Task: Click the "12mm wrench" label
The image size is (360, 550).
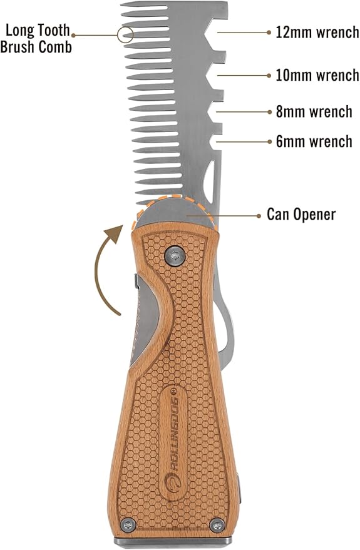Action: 317,33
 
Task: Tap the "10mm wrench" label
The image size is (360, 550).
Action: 317,75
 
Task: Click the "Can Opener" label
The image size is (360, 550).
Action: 301,215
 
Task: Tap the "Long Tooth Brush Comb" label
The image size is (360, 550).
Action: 36,39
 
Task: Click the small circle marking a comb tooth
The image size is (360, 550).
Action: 125,34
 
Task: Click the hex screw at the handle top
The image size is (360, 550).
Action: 175,255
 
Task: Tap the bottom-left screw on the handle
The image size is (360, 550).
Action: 128,525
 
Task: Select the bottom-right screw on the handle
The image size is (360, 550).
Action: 217,525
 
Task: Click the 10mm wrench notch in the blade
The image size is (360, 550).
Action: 213,75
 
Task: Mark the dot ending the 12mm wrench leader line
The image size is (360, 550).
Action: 269,33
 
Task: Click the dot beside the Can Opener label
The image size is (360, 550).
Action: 260,215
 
